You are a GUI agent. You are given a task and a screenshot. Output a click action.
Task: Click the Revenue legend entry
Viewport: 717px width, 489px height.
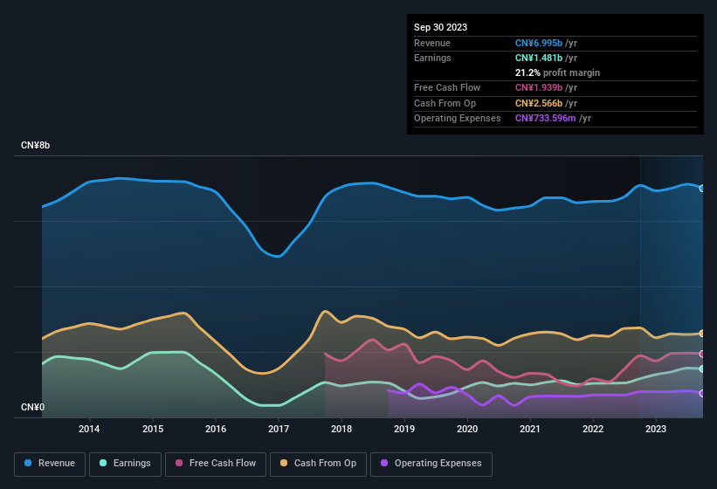coord(51,463)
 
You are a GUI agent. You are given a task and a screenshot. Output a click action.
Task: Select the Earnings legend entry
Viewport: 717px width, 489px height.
coord(127,463)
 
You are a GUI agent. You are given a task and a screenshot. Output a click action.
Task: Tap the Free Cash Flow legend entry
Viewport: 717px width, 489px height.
coord(216,463)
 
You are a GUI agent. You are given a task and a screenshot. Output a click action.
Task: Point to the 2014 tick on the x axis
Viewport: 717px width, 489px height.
coord(89,429)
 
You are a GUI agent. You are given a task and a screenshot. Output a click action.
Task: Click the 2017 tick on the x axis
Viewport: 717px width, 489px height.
coord(279,429)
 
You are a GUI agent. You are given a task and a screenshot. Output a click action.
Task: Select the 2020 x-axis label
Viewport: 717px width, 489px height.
coord(467,429)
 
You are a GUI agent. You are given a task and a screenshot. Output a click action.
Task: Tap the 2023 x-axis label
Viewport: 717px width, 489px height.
coord(656,429)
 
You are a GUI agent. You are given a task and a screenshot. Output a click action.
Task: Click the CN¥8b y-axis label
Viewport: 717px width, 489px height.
coord(36,145)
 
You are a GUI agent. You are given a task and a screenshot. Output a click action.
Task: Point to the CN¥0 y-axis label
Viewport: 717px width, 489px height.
coord(33,408)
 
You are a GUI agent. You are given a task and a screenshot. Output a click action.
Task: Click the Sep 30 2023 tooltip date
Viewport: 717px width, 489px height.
coord(440,27)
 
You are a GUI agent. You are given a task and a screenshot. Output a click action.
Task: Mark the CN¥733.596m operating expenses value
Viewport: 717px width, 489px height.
coord(546,118)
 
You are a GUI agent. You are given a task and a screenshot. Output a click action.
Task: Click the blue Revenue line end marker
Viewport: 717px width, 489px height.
coord(702,188)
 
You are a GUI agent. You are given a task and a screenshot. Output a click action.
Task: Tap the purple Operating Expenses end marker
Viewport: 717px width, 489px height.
coord(702,393)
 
